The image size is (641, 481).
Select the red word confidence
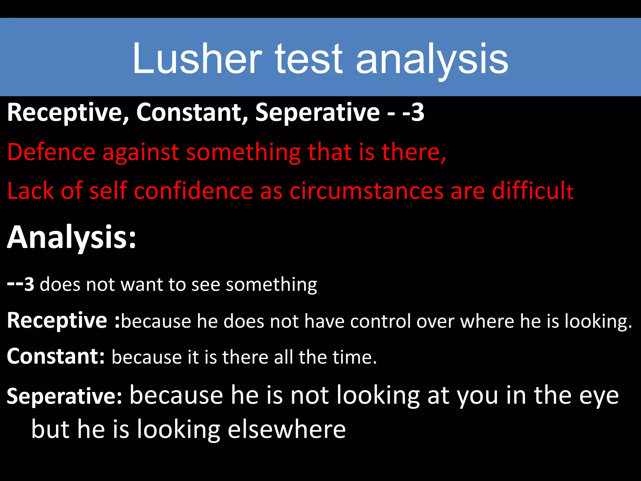tap(193, 191)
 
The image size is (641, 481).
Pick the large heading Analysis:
tap(72, 237)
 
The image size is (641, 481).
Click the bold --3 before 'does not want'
tap(21, 284)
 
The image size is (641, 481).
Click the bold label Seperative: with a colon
tap(64, 396)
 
